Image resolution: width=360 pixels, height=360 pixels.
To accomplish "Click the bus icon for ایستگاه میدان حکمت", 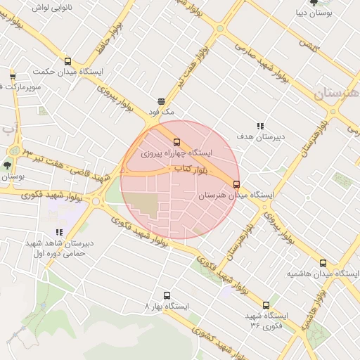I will click(67, 61).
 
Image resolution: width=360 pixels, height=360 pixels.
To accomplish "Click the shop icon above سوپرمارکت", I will click(13, 76).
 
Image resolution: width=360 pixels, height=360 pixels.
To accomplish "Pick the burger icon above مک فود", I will click(161, 101).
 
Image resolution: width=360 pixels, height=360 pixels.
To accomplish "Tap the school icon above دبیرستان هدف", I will click(260, 126).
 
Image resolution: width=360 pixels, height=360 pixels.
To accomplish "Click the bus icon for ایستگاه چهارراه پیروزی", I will click(176, 141).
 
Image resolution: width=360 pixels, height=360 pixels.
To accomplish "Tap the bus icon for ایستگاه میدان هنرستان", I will click(236, 184).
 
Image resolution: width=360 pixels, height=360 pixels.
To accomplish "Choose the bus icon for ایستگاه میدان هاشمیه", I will click(323, 262).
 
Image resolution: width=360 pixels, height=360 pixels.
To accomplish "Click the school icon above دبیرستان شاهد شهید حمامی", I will click(59, 232).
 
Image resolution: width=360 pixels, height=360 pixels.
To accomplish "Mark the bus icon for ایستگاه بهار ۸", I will click(167, 296).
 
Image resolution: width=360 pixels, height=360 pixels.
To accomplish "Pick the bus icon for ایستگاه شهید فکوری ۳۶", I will click(266, 305).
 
